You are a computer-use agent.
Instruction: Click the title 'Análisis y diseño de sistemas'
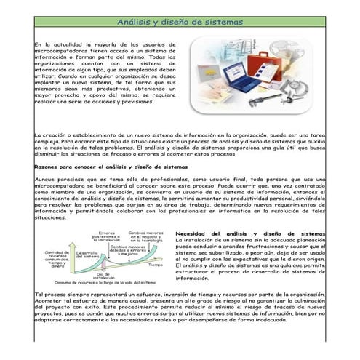(x=180, y=22)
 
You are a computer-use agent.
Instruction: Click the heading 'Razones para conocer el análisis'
(x=111, y=167)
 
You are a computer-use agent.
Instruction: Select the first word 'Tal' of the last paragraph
(x=39, y=294)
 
